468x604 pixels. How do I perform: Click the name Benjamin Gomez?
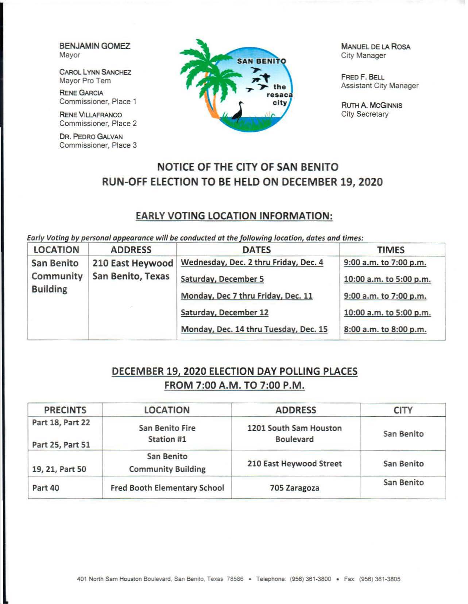[x=94, y=46]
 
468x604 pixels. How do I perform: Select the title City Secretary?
[x=364, y=114]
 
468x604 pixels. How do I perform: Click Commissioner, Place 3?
[x=98, y=145]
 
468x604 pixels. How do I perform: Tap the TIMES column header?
[x=391, y=250]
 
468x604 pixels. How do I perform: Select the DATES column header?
[x=257, y=250]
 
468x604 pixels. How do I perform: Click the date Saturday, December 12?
[x=224, y=312]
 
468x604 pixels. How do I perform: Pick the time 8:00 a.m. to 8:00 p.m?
[x=385, y=329]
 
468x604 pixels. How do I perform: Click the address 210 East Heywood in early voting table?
[x=132, y=263]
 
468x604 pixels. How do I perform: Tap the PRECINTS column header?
[x=65, y=410]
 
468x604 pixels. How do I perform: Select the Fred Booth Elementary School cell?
[x=167, y=488]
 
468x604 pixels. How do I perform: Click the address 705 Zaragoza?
[x=294, y=488]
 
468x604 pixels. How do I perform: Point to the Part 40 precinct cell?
[x=46, y=488]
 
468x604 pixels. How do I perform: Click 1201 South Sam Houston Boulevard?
[x=294, y=433]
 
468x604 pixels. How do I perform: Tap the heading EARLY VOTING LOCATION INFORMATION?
[x=234, y=216]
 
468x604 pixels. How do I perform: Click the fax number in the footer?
[x=379, y=579]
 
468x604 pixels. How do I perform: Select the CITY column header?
[x=403, y=410]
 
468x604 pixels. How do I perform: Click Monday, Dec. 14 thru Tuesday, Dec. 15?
[x=254, y=329]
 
